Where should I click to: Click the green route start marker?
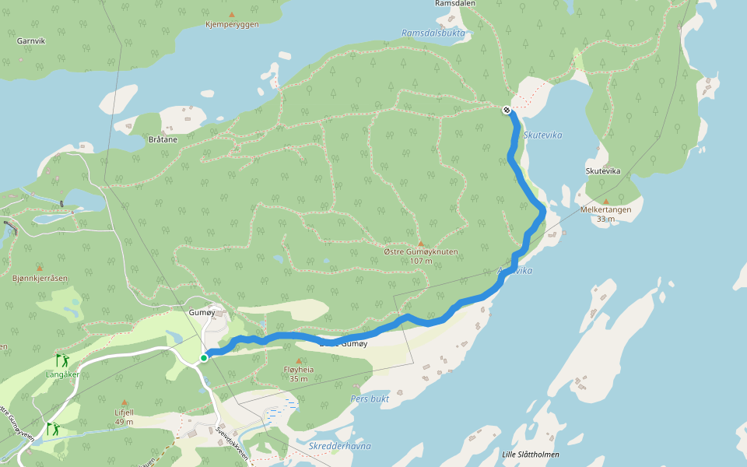point(204,358)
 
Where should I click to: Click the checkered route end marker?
point(507,110)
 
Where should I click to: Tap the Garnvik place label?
point(31,40)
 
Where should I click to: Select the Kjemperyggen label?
point(232,25)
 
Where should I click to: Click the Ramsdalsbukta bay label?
point(433,33)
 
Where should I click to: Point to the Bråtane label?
point(163,140)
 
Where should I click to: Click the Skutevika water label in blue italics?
point(542,135)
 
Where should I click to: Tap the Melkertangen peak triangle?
point(606,202)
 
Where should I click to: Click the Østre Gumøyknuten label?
point(421,252)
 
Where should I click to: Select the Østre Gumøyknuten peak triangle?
point(421,244)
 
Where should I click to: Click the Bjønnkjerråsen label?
point(40,278)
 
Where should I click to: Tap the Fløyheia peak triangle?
point(299,361)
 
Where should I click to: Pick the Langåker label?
point(63,374)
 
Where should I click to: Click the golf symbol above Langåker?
point(61,360)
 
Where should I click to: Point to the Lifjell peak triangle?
point(124,403)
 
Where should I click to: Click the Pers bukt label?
point(370,399)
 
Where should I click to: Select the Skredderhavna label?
point(339,446)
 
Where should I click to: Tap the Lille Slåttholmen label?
point(531,455)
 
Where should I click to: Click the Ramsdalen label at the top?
point(455,4)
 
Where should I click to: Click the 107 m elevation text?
point(421,262)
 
